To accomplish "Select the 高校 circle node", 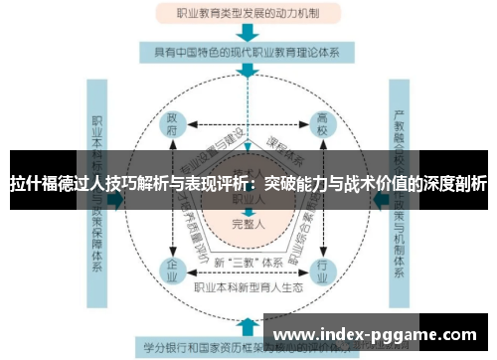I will click(x=322, y=126).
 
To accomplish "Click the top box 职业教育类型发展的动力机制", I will click(x=248, y=14).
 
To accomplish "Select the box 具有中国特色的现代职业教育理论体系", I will click(x=248, y=51).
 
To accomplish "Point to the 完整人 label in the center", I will click(x=248, y=223).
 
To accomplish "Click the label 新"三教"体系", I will click(x=248, y=263).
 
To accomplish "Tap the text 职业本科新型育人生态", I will click(x=248, y=288).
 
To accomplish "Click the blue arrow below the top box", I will click(x=248, y=32).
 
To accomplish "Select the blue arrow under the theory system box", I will click(x=248, y=71).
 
